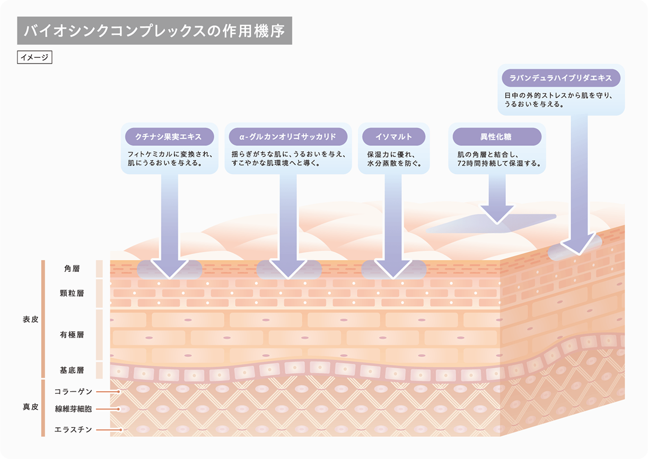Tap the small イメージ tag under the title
[x=34, y=57]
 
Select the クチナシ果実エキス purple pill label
[x=169, y=137]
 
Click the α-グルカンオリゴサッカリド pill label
[x=288, y=137]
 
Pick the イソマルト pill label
[x=393, y=137]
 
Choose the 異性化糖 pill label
[x=496, y=137]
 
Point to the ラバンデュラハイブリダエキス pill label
[x=561, y=78]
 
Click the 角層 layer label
[x=72, y=269]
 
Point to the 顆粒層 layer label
[x=72, y=293]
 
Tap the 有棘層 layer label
[x=72, y=335]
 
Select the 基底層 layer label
[x=72, y=370]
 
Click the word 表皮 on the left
[x=30, y=320]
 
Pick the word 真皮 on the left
[x=30, y=407]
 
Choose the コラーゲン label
[x=74, y=392]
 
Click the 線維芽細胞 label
[x=74, y=409]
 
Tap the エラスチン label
[x=74, y=429]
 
